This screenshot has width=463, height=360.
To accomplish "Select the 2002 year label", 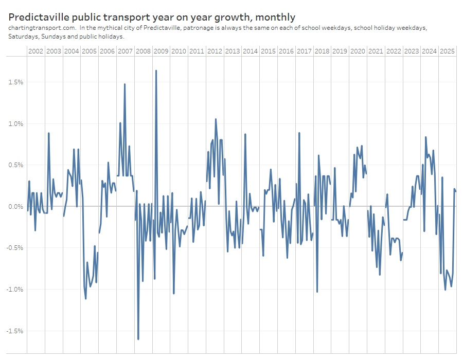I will pyautogui.click(x=36, y=51).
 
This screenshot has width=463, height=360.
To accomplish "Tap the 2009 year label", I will pyautogui.click(x=161, y=51).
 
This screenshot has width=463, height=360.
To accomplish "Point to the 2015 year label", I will pyautogui.click(x=268, y=51).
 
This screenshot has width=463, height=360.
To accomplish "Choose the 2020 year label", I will pyautogui.click(x=358, y=51).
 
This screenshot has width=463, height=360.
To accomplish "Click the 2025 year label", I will pyautogui.click(x=447, y=51).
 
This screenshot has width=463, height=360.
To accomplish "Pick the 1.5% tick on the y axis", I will pyautogui.click(x=15, y=82).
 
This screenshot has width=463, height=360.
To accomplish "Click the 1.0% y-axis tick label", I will pyautogui.click(x=15, y=123).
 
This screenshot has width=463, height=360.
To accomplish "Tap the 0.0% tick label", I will pyautogui.click(x=15, y=206).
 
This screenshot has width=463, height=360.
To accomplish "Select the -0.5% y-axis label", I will pyautogui.click(x=14, y=248).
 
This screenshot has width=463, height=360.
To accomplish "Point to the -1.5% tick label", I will pyautogui.click(x=14, y=331).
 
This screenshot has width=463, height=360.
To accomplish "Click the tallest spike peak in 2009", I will pyautogui.click(x=156, y=70).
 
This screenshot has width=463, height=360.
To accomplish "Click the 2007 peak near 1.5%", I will pyautogui.click(x=124, y=84).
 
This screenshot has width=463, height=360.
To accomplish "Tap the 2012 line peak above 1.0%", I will pyautogui.click(x=216, y=119).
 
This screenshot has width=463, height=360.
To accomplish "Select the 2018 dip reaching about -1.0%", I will pyautogui.click(x=317, y=292).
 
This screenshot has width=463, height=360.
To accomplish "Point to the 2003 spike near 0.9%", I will pyautogui.click(x=48, y=133).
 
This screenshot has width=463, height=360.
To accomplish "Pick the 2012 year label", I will pyautogui.click(x=215, y=51).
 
